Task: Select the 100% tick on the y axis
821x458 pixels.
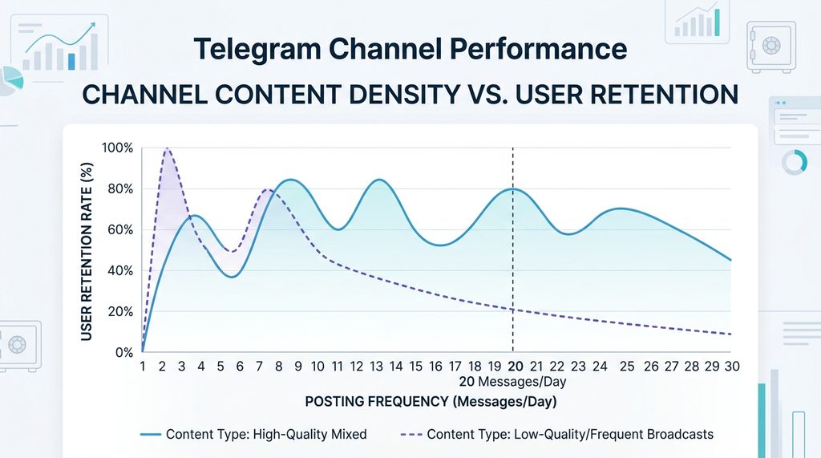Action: tap(118, 148)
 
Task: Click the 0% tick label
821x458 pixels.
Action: tap(123, 353)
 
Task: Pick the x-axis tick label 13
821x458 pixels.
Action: tap(377, 367)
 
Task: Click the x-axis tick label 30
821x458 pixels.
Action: tap(730, 367)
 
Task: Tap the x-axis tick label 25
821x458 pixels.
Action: tap(627, 367)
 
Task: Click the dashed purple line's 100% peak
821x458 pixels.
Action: tap(167, 148)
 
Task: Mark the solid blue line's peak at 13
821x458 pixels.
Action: tap(377, 180)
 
